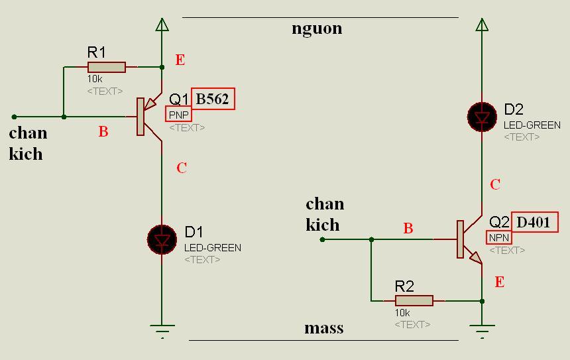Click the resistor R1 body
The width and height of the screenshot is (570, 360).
coord(106,67)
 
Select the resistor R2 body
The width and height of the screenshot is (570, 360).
coord(414,301)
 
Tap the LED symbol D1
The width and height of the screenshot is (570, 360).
coord(162,239)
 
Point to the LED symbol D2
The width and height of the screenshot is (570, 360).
coord(482,117)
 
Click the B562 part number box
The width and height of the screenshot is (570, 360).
coord(213,99)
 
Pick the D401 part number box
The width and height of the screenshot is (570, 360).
coord(534,222)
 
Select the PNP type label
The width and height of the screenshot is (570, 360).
coord(178,115)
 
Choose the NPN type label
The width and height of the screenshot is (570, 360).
coord(499,237)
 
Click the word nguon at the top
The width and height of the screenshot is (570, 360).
coord(317,29)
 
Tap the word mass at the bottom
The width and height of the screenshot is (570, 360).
coord(323,328)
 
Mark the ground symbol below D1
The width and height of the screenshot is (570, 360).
coord(162,330)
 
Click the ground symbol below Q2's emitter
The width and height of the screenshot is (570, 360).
coord(482,330)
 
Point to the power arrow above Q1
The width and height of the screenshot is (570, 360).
coord(162,25)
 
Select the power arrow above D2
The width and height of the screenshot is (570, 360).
coord(482,25)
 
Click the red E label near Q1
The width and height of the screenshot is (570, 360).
coord(180,60)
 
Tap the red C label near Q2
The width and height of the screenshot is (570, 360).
coord(495,185)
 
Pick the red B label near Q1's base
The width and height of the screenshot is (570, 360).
coord(103,132)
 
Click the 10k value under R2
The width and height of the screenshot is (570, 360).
coord(402,313)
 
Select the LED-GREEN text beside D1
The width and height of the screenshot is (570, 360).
coord(213,248)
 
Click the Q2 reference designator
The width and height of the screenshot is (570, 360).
coord(499,222)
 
